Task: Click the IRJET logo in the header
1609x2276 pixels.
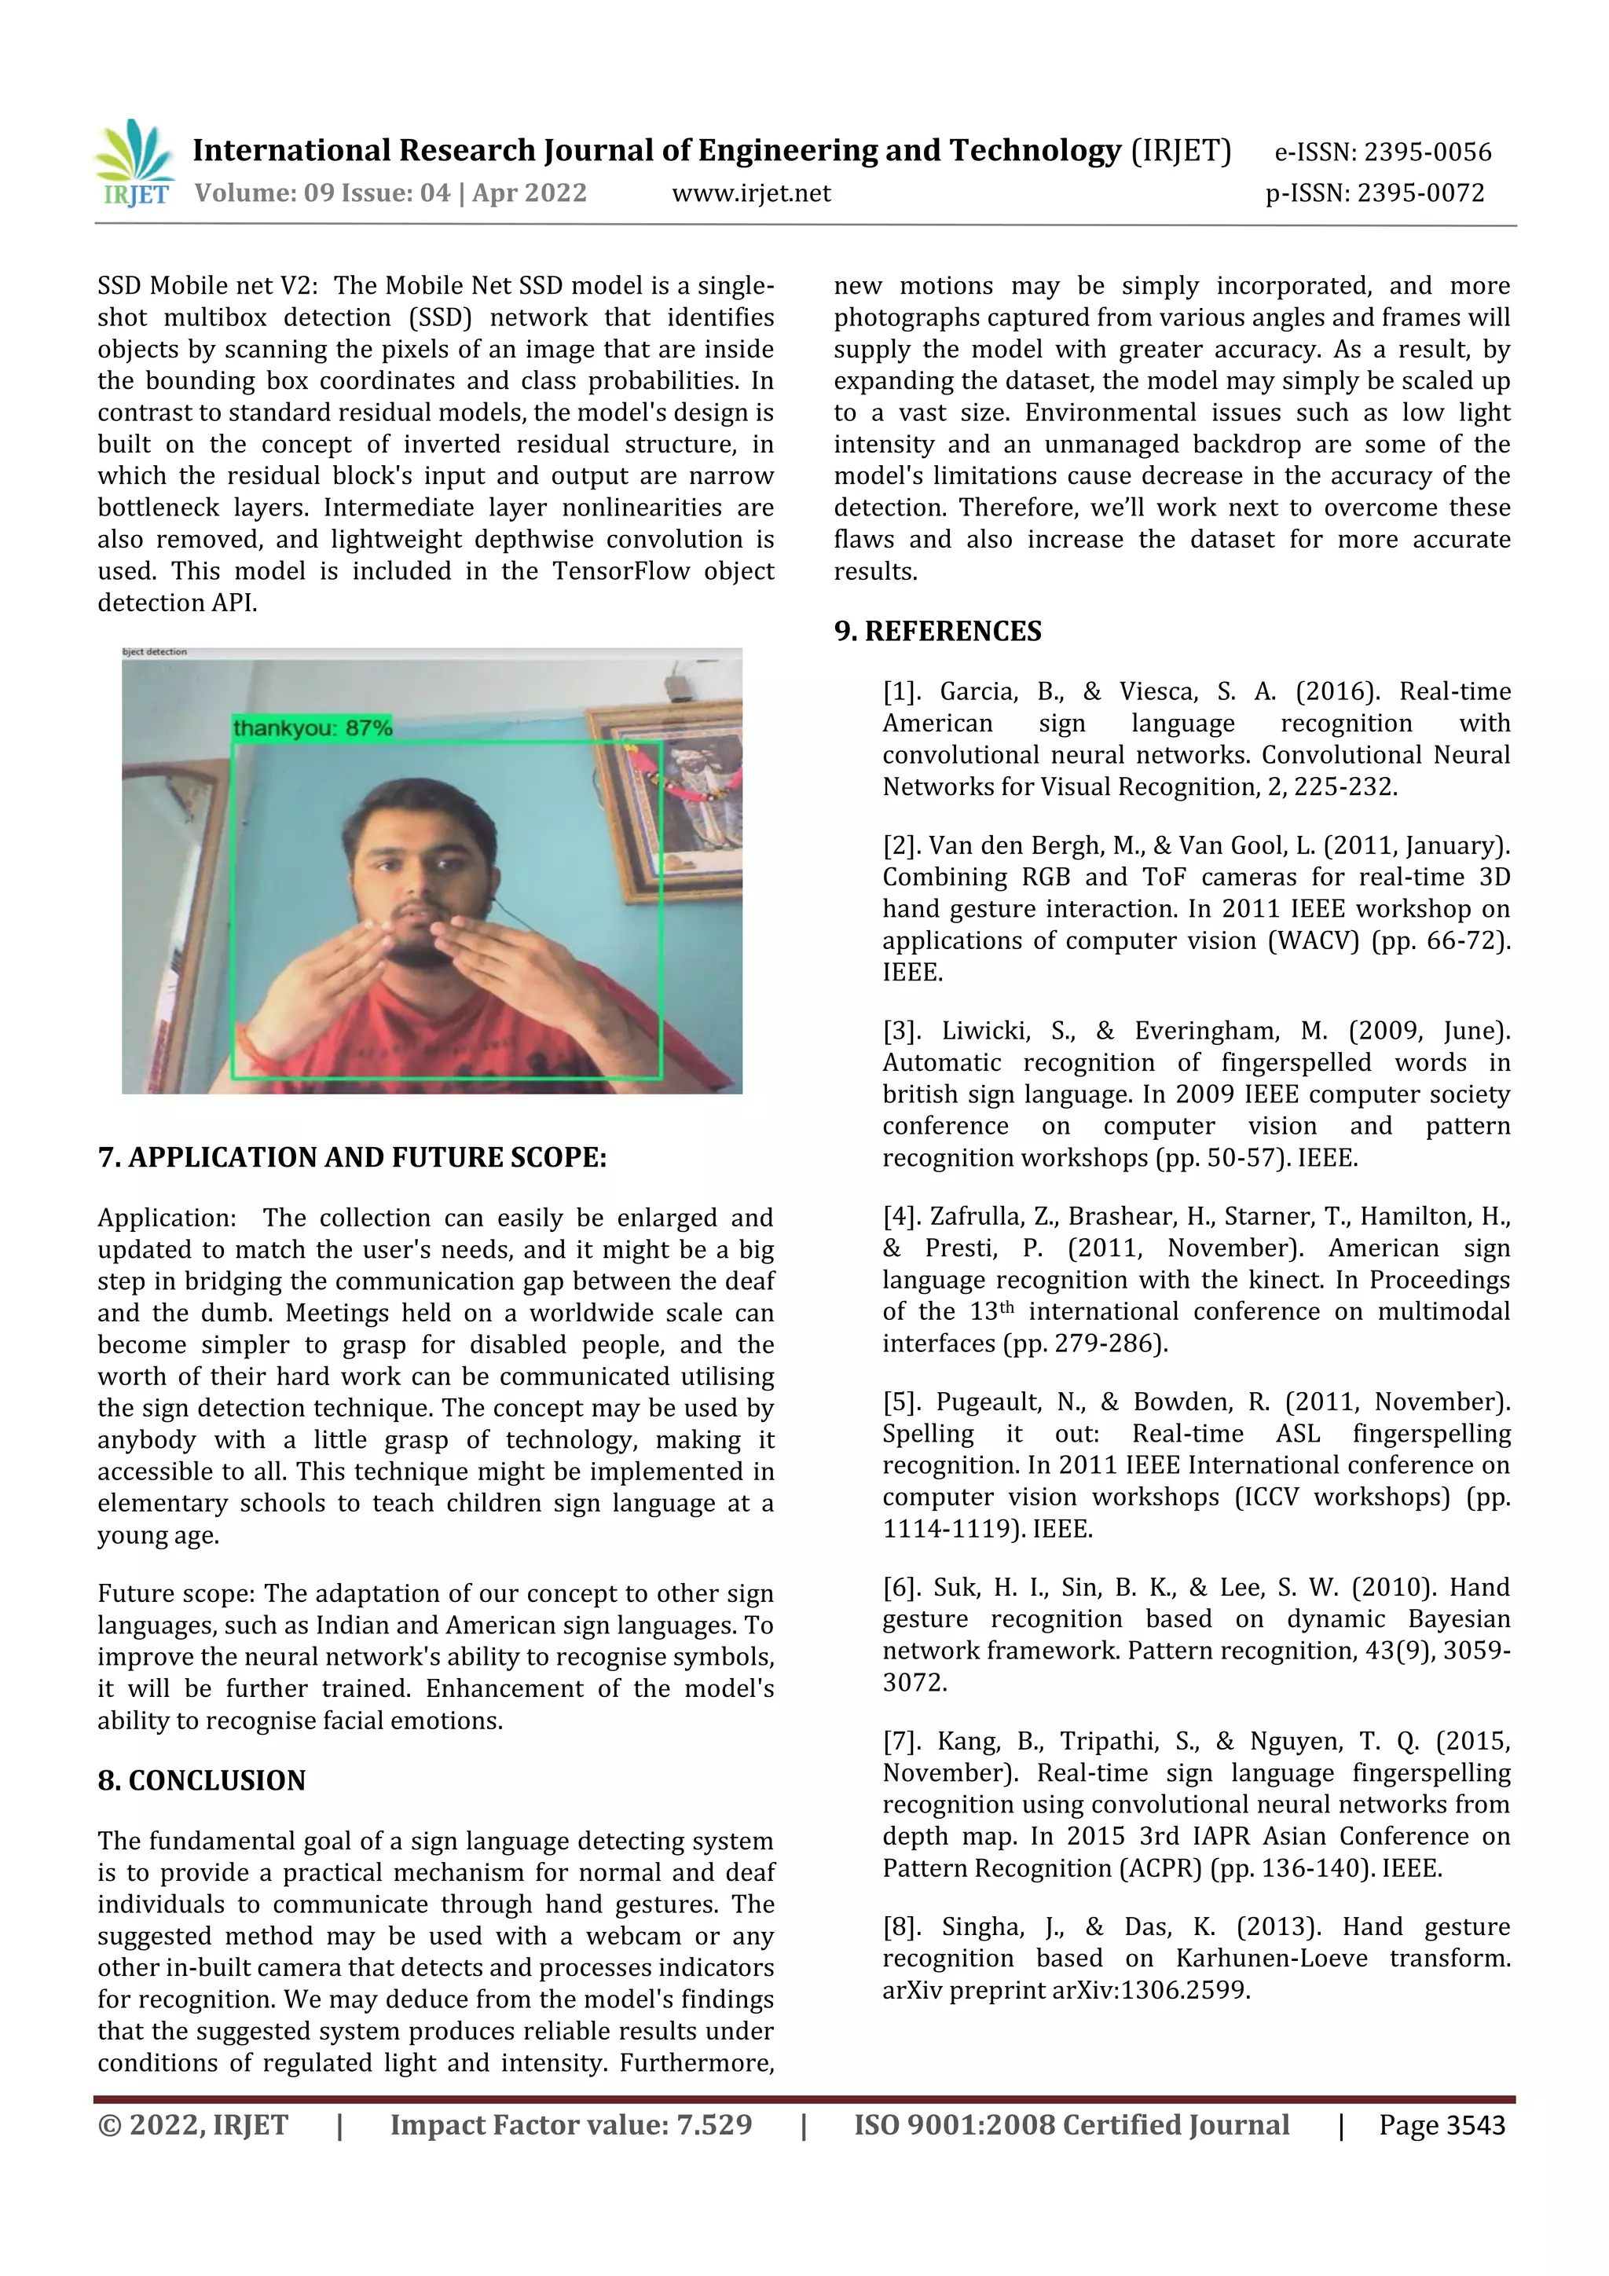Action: coord(134,163)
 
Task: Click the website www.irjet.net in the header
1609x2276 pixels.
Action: coord(750,193)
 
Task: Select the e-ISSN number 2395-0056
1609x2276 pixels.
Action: coord(1427,152)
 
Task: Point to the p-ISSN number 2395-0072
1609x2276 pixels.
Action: coord(1420,193)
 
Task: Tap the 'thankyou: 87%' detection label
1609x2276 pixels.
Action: coord(312,728)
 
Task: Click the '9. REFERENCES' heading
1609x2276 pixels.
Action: coord(936,632)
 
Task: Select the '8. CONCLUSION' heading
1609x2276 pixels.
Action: coord(201,1780)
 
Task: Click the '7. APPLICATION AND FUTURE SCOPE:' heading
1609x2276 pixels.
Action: coord(352,1158)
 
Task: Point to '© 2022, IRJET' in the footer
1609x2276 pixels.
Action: coord(192,2124)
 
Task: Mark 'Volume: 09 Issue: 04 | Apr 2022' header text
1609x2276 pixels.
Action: coord(390,193)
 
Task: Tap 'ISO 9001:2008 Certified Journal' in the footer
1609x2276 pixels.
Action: coord(1071,2124)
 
